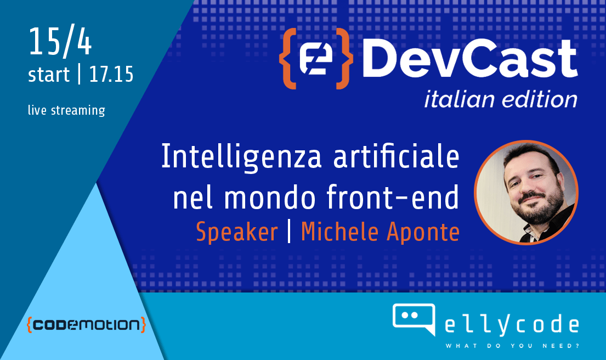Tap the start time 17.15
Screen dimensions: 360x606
(111, 75)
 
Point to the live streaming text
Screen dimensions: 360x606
(66, 110)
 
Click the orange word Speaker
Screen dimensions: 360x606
(237, 233)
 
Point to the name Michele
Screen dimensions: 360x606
(339, 233)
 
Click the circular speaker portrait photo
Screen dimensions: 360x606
(526, 192)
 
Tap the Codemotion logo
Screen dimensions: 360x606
(86, 325)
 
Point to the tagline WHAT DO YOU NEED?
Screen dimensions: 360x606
(512, 346)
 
